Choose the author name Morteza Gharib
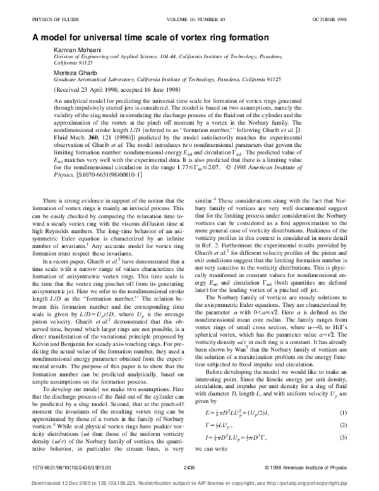point(70,73)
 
